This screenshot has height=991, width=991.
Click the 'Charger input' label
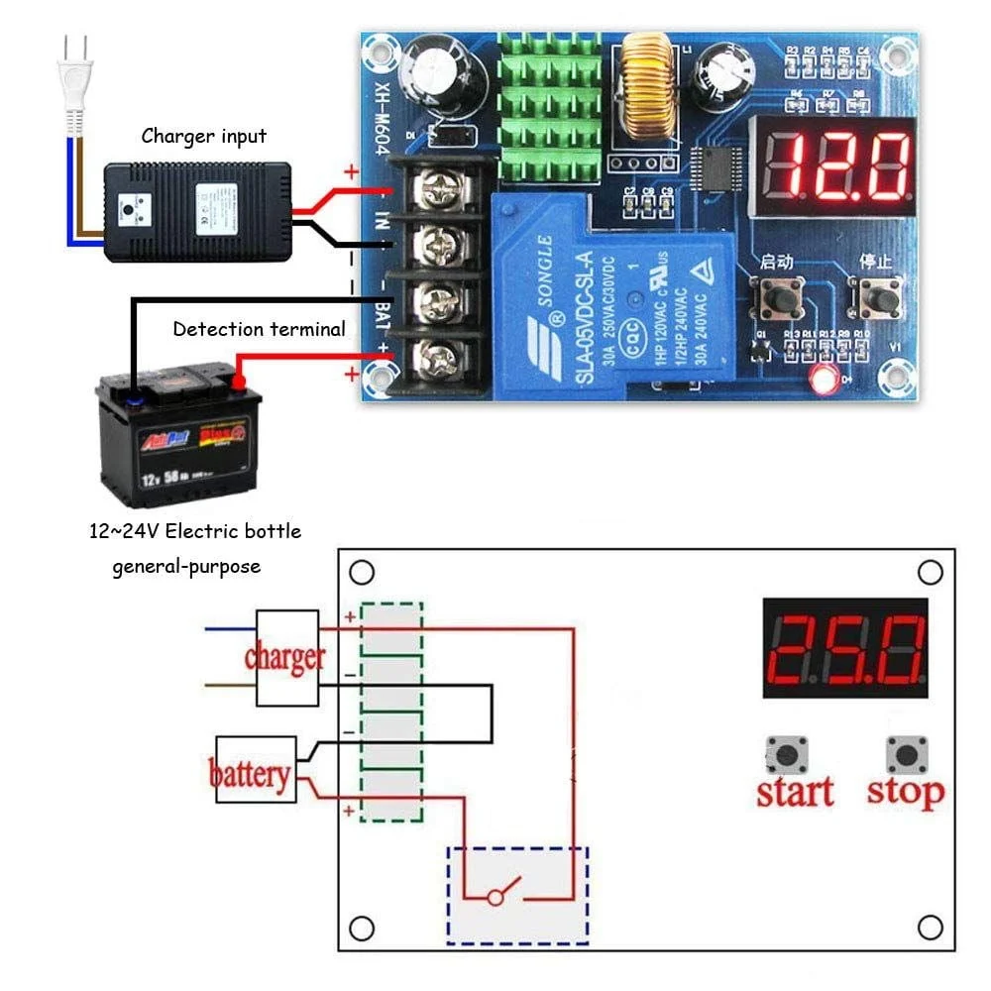[x=204, y=136]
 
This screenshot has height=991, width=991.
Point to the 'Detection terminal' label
[x=260, y=329]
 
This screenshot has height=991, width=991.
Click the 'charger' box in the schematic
[x=286, y=657]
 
